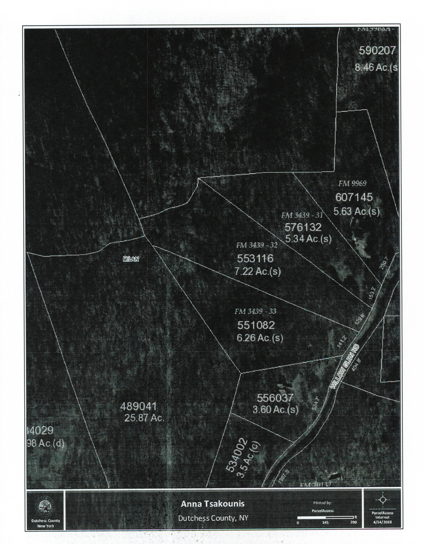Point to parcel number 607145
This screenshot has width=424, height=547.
354,197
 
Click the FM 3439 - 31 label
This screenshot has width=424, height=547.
302,215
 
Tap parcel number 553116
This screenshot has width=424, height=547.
255,259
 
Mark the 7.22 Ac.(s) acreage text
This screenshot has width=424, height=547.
258,272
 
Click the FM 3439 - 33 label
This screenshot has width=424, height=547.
255,311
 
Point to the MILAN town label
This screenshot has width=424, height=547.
131,259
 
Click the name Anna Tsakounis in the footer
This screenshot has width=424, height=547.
212,504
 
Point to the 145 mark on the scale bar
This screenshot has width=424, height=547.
325,522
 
